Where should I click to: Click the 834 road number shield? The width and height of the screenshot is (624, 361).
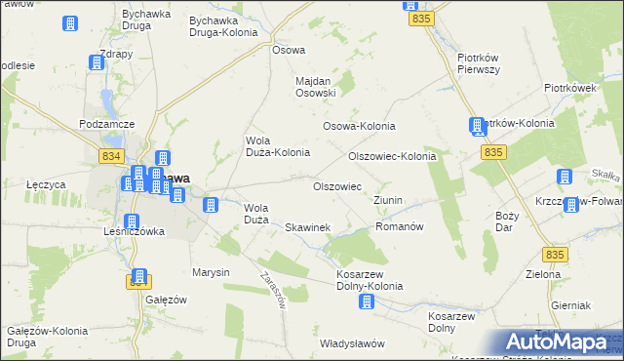pos(111,156)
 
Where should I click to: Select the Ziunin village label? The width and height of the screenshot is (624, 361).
pos(387,200)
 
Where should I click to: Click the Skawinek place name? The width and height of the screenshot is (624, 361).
pos(308,227)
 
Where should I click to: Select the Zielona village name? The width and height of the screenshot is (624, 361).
pos(543,274)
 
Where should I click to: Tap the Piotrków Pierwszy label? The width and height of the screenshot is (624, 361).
pos(479,63)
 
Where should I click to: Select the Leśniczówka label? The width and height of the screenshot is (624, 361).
pos(134,231)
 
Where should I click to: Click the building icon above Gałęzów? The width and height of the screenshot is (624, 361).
pos(139,278)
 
